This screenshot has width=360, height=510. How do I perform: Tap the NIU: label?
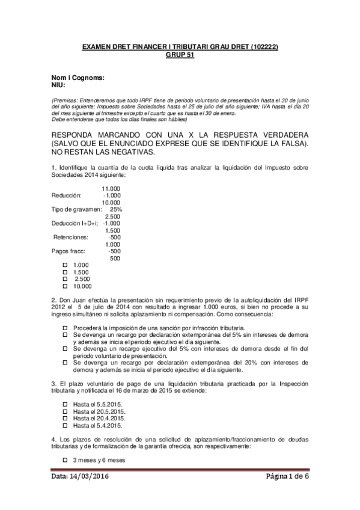pyautogui.click(x=58, y=85)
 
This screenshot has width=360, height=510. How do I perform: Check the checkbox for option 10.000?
pyautogui.click(x=66, y=286)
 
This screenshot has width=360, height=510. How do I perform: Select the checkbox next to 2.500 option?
pyautogui.click(x=66, y=279)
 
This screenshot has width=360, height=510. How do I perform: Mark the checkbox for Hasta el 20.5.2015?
pyautogui.click(x=66, y=411)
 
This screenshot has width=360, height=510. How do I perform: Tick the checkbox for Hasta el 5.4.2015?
pyautogui.click(x=66, y=425)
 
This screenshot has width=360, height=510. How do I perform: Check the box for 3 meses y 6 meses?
pyautogui.click(x=66, y=459)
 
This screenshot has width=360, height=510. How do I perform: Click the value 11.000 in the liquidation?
pyautogui.click(x=111, y=188)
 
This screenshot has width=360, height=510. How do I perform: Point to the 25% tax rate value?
pyautogui.click(x=116, y=209)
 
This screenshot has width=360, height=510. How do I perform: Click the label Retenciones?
pyautogui.click(x=71, y=237)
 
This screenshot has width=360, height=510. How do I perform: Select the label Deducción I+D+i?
pyautogui.click(x=73, y=223)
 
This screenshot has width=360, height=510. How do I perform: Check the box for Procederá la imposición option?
pyautogui.click(x=66, y=327)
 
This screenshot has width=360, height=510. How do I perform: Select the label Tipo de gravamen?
pyautogui.click(x=76, y=209)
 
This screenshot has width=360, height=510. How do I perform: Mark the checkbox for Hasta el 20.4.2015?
pyautogui.click(x=66, y=418)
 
